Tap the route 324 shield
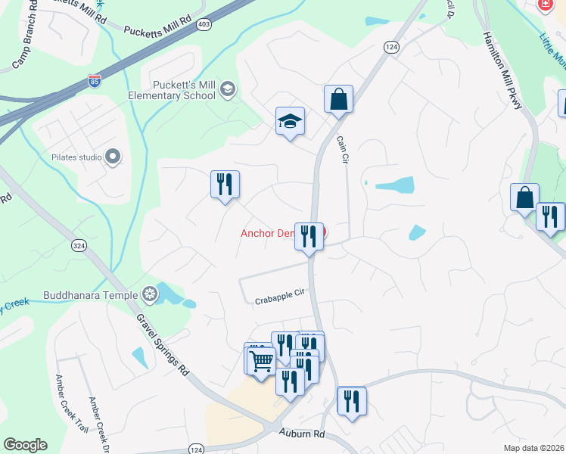point(79,245)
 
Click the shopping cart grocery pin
point(261,362)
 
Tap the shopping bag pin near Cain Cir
point(339,99)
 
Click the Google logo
point(25,445)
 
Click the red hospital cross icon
point(544,5)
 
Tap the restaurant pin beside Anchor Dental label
point(309,236)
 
